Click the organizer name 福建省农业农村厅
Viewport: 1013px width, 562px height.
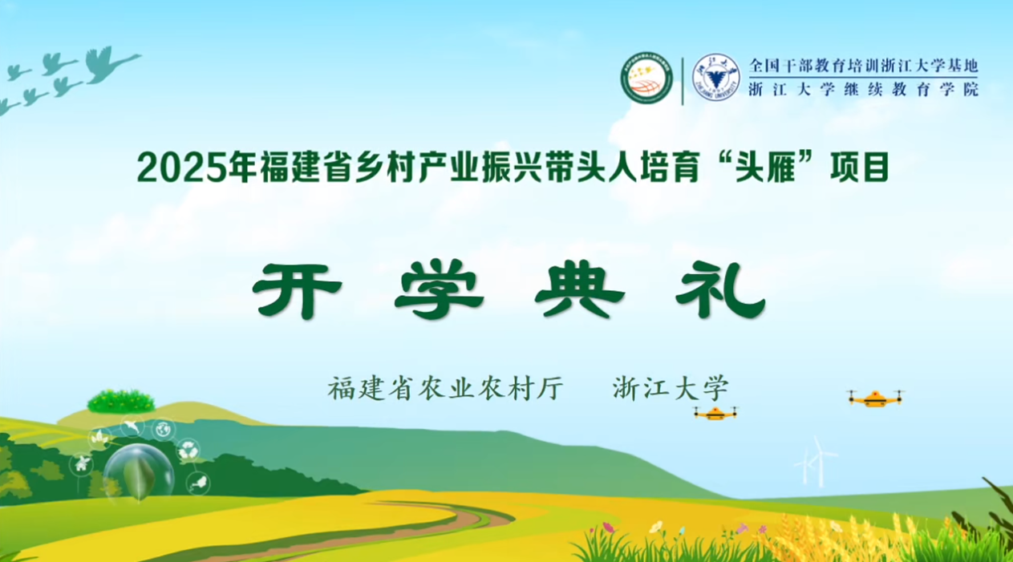pyautogui.click(x=446, y=389)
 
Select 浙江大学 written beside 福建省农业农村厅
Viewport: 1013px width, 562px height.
pyautogui.click(x=671, y=389)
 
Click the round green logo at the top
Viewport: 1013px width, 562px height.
pyautogui.click(x=646, y=79)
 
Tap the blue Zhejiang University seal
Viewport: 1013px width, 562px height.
pyautogui.click(x=715, y=79)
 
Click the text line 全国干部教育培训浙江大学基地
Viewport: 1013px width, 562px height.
pyautogui.click(x=863, y=66)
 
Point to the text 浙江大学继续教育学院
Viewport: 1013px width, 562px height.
pyautogui.click(x=863, y=90)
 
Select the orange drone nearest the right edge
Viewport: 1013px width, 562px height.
pyautogui.click(x=874, y=398)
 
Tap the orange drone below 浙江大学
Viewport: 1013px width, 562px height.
pyautogui.click(x=715, y=413)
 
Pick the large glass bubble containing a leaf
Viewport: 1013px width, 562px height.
pyautogui.click(x=139, y=472)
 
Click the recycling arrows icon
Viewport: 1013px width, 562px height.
pyautogui.click(x=188, y=451)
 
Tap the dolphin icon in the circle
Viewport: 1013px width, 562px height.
pyautogui.click(x=132, y=427)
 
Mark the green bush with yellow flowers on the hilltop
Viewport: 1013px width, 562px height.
pyautogui.click(x=121, y=401)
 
